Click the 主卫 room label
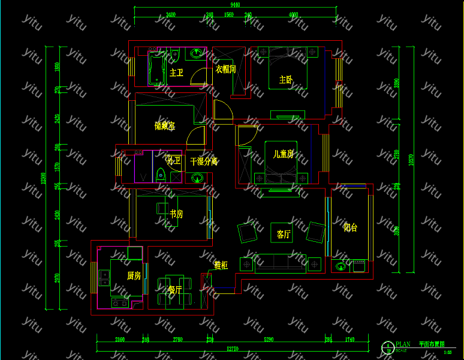point(176,73)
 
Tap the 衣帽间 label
point(225,70)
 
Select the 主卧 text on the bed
point(285,80)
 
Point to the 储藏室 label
point(164,126)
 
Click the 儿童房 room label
point(284,154)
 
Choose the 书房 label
point(176,214)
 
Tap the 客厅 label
point(284,235)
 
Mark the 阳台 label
point(350,227)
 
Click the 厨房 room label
point(134,276)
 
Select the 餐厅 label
point(174,290)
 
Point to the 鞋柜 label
point(221,265)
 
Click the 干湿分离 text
point(203,161)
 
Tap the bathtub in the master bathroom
point(157,67)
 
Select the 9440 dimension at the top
point(234,5)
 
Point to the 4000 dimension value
point(293,14)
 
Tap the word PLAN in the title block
point(403,344)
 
